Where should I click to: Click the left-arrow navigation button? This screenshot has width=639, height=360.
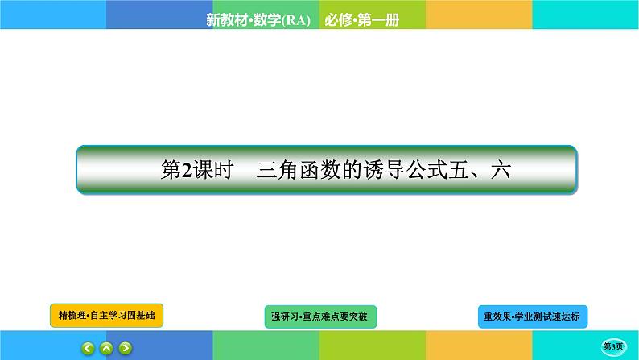click(89, 349)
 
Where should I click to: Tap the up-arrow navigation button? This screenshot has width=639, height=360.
click(107, 349)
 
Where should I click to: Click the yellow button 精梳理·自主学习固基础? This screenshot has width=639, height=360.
click(106, 316)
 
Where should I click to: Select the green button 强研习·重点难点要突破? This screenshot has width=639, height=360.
click(320, 317)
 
